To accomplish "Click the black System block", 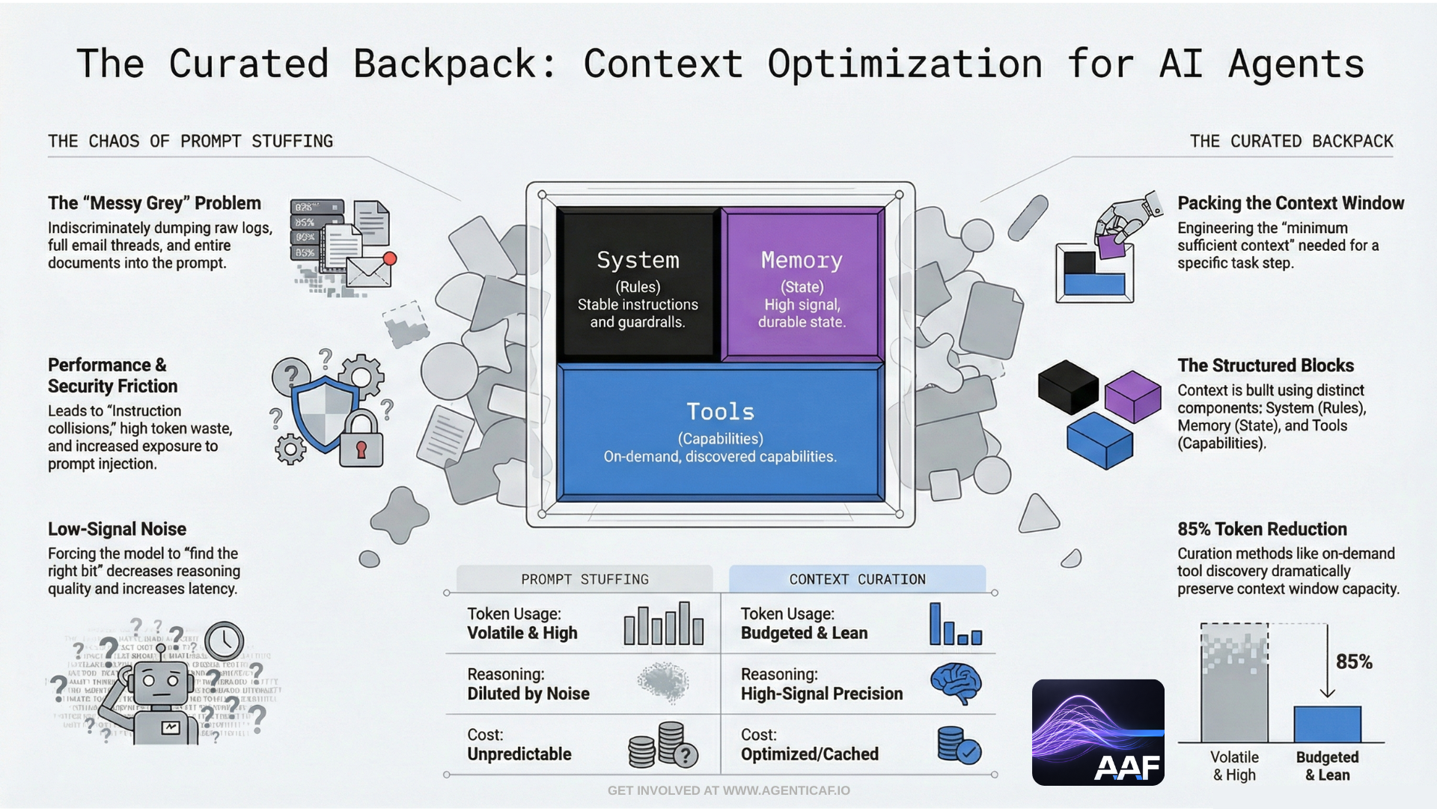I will click(x=638, y=285).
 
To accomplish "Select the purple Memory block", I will click(x=802, y=285).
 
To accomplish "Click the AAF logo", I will click(x=1098, y=733).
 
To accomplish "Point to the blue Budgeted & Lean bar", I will click(x=1327, y=724).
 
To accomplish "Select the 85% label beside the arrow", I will click(x=1354, y=662).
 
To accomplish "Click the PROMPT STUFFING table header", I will click(x=585, y=579).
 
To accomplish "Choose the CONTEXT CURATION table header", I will click(x=857, y=579).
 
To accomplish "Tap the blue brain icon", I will click(x=956, y=682).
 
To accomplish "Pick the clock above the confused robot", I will click(x=224, y=641).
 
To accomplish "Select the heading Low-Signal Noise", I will click(x=117, y=529).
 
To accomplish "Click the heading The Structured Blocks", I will click(x=1266, y=366).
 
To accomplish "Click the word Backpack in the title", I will click(x=445, y=64).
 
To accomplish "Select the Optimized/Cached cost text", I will click(x=810, y=754).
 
